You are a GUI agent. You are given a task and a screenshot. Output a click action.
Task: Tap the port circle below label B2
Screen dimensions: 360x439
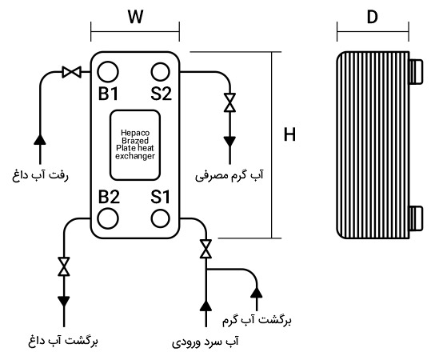pyautogui.click(x=110, y=218)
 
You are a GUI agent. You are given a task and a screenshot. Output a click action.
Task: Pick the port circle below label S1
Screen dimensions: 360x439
pyautogui.click(x=161, y=218)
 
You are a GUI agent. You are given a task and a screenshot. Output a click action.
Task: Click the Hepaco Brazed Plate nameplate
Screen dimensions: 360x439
pyautogui.click(x=134, y=144)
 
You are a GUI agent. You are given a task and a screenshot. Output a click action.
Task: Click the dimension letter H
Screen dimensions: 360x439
pyautogui.click(x=289, y=135)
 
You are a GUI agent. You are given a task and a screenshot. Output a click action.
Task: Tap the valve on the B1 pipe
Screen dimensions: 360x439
pyautogui.click(x=71, y=73)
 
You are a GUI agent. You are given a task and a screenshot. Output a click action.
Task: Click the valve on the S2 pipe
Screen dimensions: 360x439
pyautogui.click(x=229, y=103)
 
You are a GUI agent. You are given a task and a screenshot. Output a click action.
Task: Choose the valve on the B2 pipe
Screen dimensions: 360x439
pyautogui.click(x=63, y=266)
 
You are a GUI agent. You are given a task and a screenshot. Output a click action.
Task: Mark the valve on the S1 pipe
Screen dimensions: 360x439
pyautogui.click(x=206, y=249)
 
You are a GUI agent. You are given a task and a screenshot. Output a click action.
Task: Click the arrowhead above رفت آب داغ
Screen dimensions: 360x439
pyautogui.click(x=39, y=140)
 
